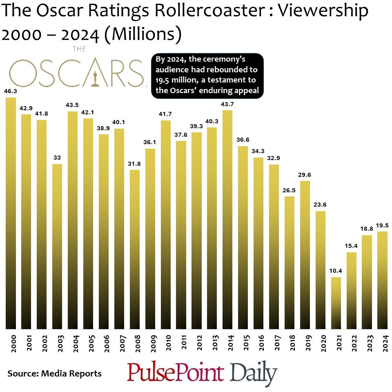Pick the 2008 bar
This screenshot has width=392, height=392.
click(x=135, y=249)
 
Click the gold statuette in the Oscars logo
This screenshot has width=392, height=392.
click(x=96, y=78)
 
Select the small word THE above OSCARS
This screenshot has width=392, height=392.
click(x=79, y=49)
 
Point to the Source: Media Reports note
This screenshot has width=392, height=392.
click(x=54, y=373)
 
